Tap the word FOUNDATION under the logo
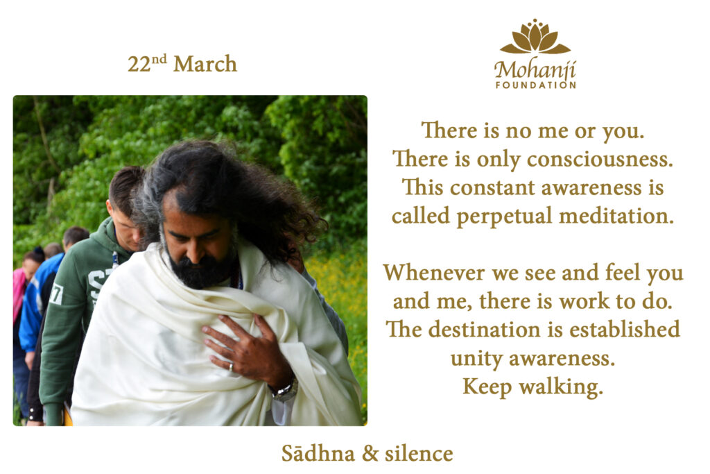536,85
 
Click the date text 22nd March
182,63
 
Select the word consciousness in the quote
600,159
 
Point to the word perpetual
504,216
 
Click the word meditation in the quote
616,216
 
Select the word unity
477,359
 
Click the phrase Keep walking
533,387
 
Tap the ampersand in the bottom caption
370,454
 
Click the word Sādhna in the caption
318,453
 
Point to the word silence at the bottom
419,453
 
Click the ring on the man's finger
231,366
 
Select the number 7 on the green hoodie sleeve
56,294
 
